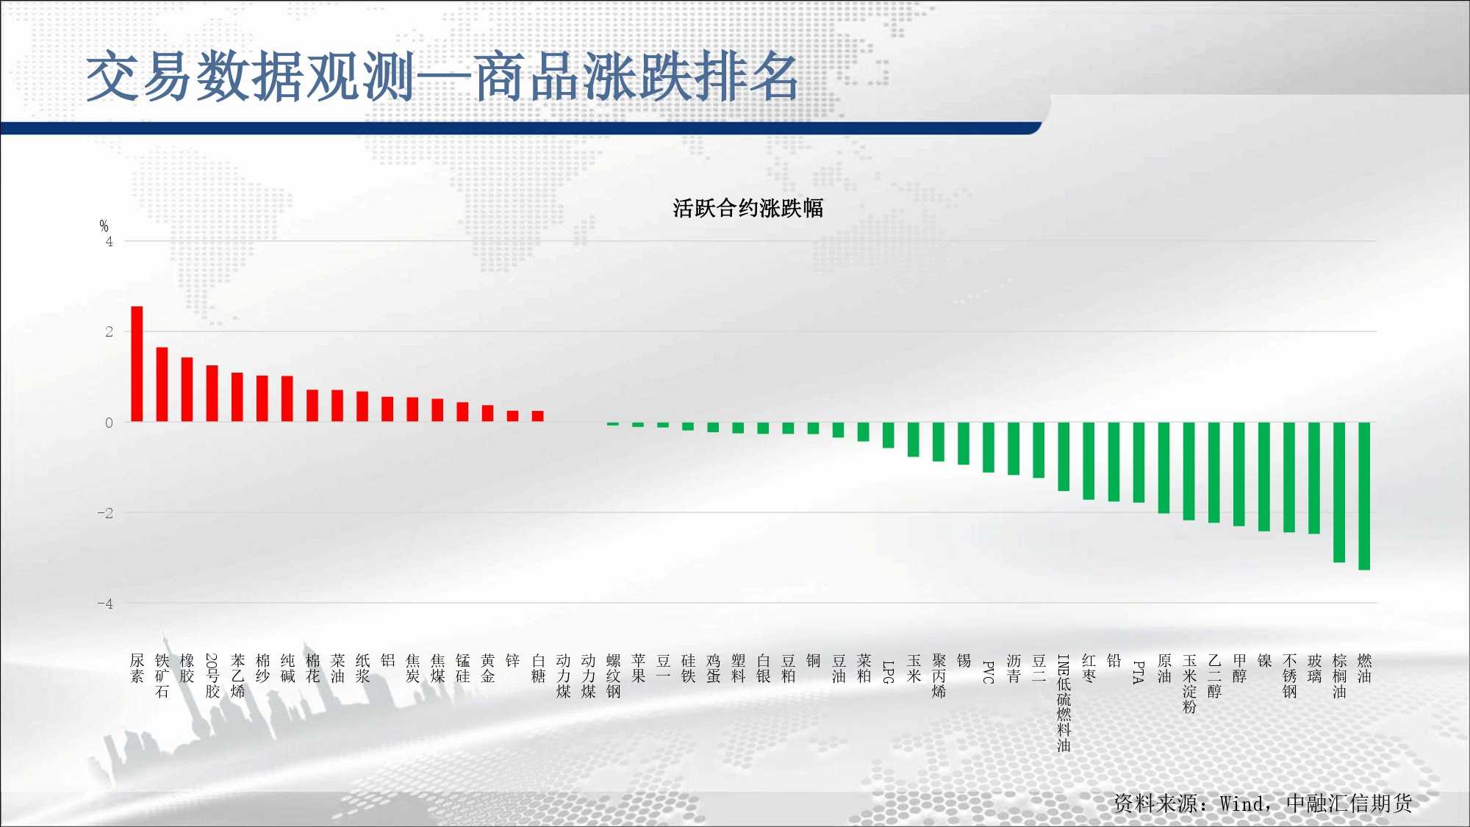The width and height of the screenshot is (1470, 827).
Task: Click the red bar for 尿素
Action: tap(137, 364)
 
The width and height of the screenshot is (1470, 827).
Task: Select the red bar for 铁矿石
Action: tap(162, 384)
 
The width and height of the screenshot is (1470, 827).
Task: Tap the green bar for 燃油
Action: tap(1364, 496)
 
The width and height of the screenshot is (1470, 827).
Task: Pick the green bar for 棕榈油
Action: tap(1339, 493)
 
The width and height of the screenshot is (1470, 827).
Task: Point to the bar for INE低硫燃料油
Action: tap(1064, 457)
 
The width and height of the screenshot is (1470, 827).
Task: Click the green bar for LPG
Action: tap(888, 435)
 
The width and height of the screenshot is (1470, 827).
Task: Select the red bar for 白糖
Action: tap(538, 416)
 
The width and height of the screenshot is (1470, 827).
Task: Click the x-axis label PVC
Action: tap(989, 672)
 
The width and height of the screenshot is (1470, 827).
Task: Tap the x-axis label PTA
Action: tap(1139, 672)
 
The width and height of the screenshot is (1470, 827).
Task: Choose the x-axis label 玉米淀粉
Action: tap(1189, 684)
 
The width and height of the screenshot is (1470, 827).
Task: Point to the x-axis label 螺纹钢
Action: tap(614, 676)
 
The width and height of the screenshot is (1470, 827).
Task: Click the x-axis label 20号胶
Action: tap(212, 676)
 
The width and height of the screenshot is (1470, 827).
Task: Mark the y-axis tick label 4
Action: tap(110, 242)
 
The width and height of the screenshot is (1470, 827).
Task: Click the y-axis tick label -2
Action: tap(106, 513)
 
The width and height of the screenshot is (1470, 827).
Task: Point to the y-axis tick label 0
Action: tap(110, 423)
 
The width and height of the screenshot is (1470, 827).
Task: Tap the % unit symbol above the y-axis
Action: tap(104, 226)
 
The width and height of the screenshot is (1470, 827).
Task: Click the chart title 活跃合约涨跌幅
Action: tap(747, 209)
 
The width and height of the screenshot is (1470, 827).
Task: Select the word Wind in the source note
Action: tap(1242, 803)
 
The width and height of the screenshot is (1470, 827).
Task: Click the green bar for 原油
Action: tap(1164, 468)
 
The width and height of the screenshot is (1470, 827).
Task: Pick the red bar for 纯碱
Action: tap(287, 399)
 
